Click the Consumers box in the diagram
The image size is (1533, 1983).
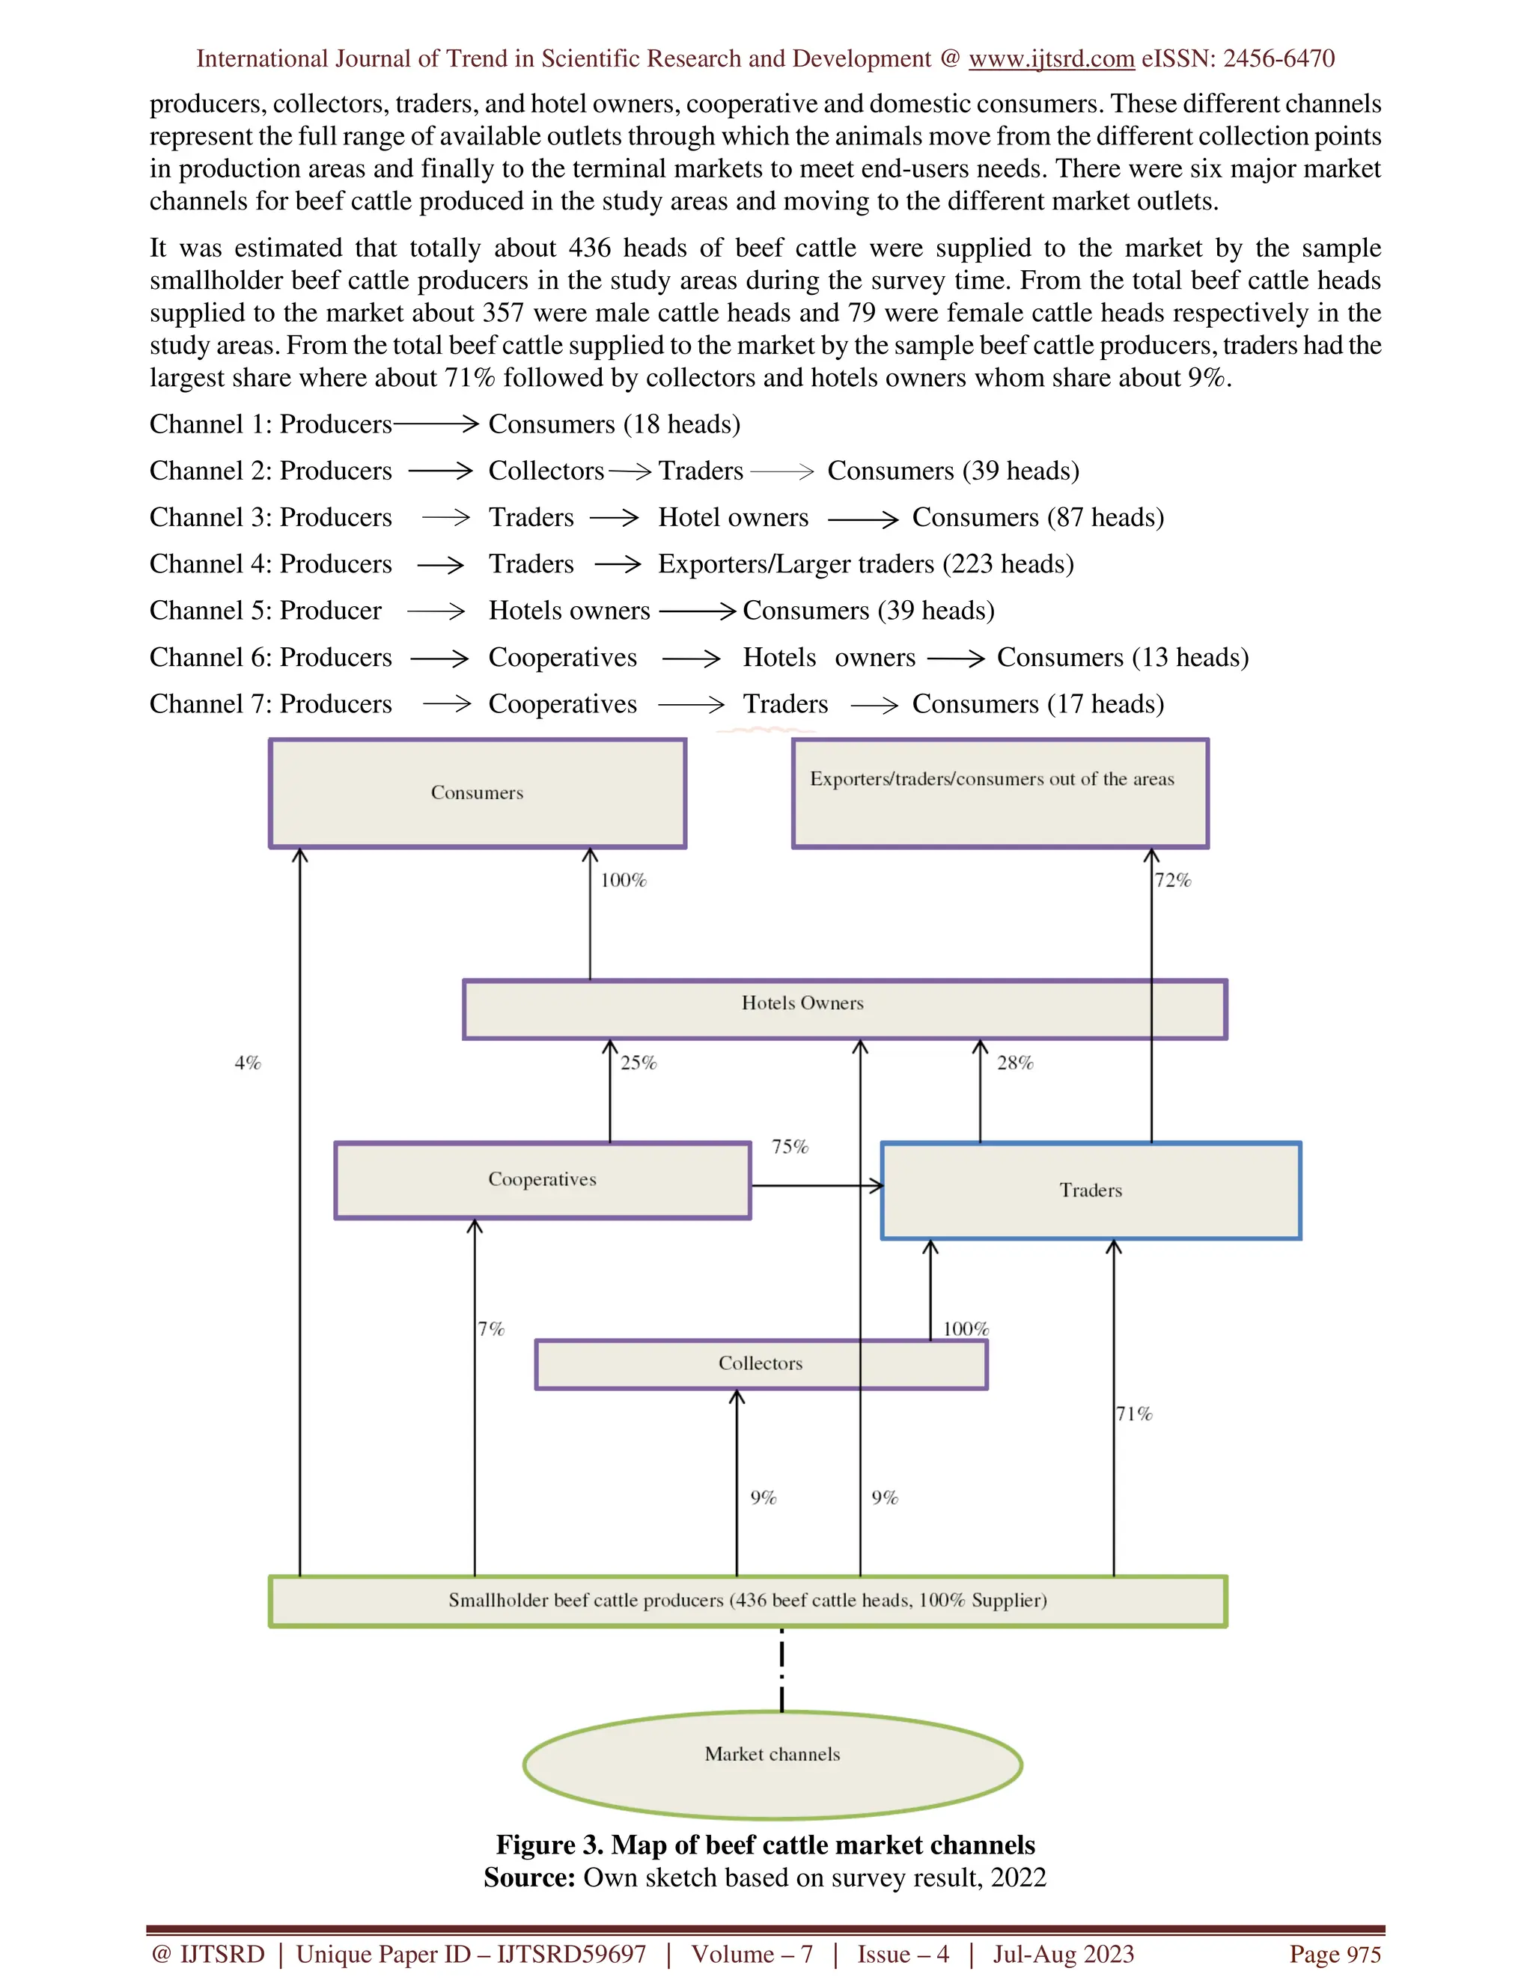(477, 792)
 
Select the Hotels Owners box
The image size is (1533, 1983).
(802, 1008)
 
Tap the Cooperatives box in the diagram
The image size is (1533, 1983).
(542, 1179)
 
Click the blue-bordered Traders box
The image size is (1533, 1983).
(1091, 1191)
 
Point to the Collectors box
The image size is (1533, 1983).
(761, 1363)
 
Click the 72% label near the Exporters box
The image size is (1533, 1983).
(1172, 880)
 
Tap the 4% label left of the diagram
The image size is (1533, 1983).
(247, 1063)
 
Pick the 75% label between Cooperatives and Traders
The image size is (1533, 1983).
(789, 1146)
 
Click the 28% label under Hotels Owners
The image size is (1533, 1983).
(1014, 1063)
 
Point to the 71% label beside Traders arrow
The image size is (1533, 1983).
(1134, 1414)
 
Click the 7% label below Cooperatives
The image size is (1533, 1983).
(491, 1328)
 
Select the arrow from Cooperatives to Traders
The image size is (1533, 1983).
(817, 1186)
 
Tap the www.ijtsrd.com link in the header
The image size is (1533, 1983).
(1051, 59)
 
